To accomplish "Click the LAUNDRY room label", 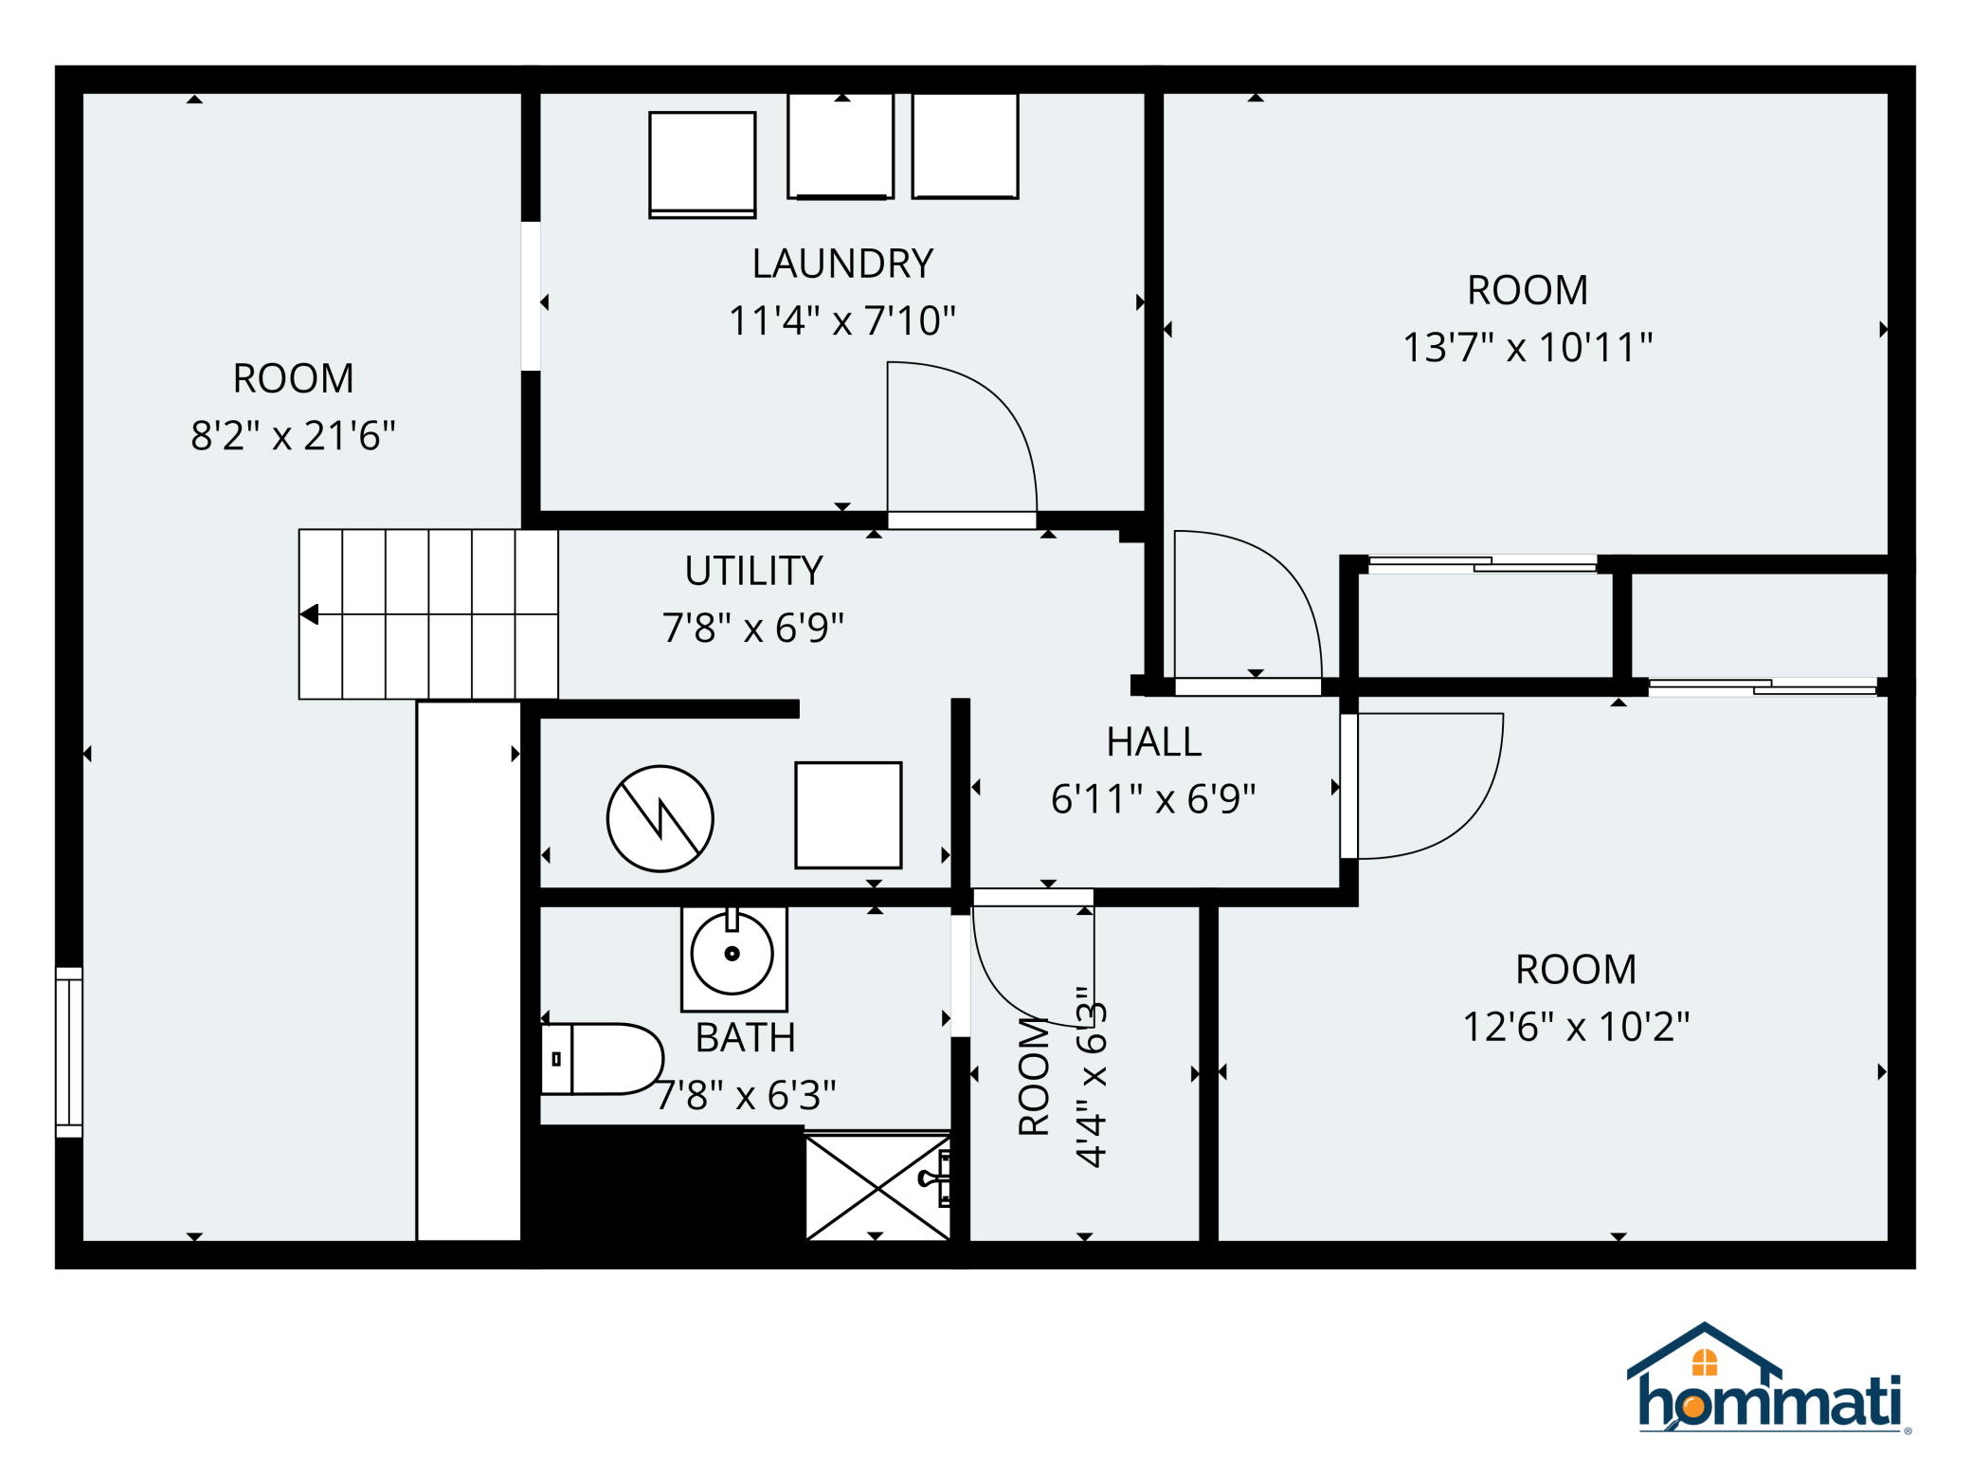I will click(841, 264).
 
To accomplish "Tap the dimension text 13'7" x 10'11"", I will click(1527, 348).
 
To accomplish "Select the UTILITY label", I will click(753, 571).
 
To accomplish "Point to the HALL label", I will click(1153, 742).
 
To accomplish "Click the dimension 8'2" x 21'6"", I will click(293, 436).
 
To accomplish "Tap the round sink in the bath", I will click(732, 954).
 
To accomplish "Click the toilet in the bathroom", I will click(603, 1059).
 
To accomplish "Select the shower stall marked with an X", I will click(877, 1187).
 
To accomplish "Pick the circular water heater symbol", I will click(660, 819).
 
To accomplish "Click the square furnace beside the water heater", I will click(847, 815).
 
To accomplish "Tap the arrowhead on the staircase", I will click(309, 614).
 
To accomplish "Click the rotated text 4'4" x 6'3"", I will click(1091, 1076).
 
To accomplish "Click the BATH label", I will click(745, 1038).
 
